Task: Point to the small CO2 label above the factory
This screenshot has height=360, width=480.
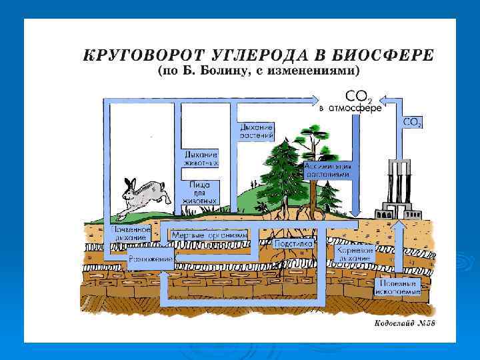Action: [x=412, y=123]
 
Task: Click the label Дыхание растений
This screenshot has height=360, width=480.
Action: [x=256, y=131]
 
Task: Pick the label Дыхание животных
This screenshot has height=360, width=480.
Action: [x=201, y=157]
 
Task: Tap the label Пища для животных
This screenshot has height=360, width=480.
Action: [x=201, y=192]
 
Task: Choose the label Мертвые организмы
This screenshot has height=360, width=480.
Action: [x=209, y=235]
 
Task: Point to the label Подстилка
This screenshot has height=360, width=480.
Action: [x=294, y=244]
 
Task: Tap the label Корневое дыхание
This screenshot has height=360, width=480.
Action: [x=355, y=253]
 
